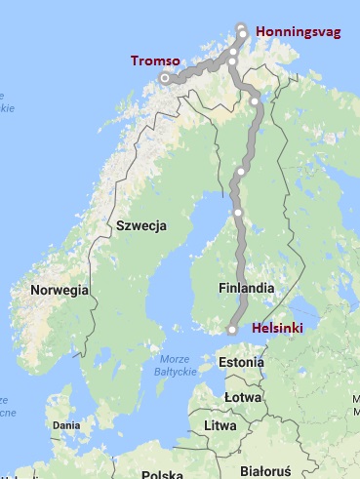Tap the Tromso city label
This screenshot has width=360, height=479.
tap(153, 60)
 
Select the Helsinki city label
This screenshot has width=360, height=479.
tap(278, 329)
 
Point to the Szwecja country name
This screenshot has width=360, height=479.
tap(141, 225)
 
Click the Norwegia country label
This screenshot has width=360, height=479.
tap(60, 290)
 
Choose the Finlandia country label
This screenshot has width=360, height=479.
tap(247, 289)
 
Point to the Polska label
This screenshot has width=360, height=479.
tap(162, 475)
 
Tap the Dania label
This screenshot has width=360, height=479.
tap(66, 425)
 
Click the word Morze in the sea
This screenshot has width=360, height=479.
tap(177, 358)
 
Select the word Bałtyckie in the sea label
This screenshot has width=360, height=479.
tap(177, 372)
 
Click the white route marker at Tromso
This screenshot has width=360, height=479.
tap(165, 77)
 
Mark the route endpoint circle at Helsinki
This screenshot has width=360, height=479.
tap(232, 331)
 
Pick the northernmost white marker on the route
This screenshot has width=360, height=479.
tap(242, 26)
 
